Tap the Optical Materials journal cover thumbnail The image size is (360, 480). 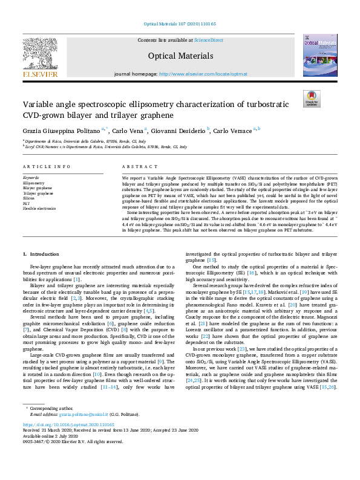click(x=320, y=55)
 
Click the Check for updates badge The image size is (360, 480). click(x=312, y=99)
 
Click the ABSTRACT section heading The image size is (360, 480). click(x=136, y=166)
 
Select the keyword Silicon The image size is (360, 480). click(x=28, y=198)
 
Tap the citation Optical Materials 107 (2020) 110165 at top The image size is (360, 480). click(x=180, y=24)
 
